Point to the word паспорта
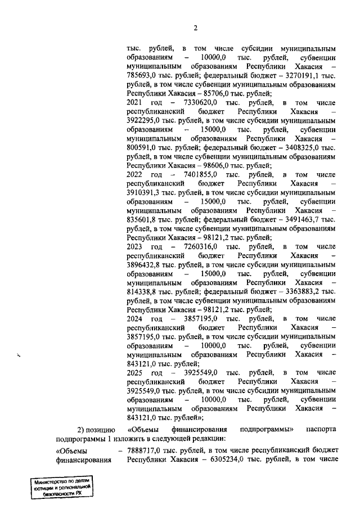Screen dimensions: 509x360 coord(321,429)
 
